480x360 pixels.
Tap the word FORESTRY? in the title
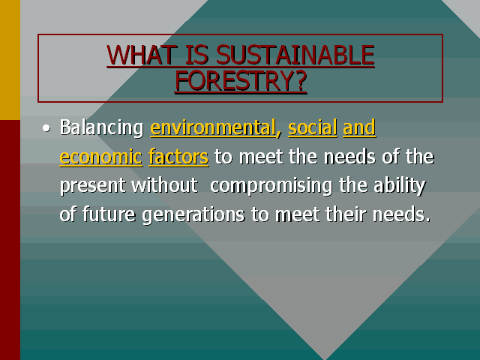click(x=241, y=80)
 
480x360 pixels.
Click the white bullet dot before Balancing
click(x=46, y=129)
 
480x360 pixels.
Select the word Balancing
click(x=101, y=128)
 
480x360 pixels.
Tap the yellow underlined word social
click(x=313, y=128)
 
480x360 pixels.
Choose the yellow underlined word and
click(x=359, y=128)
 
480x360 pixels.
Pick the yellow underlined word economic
click(x=100, y=157)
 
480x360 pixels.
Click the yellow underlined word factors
click(x=178, y=157)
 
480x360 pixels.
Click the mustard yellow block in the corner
click(x=10, y=60)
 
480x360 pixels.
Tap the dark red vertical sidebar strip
click(x=10, y=240)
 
